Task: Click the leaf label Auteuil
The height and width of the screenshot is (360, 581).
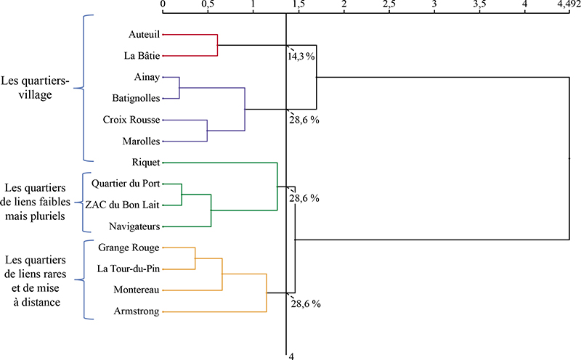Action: click(144, 34)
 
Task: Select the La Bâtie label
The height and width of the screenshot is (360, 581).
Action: click(142, 56)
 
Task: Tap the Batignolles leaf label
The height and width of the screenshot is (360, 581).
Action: click(136, 99)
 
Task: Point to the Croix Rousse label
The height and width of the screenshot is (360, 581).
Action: click(131, 120)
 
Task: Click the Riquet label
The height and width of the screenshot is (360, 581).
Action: click(146, 163)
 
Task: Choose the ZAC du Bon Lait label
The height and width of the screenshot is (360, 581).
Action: click(122, 205)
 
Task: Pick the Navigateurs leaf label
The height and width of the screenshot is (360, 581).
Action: click(134, 226)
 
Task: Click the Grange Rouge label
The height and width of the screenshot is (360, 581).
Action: click(129, 247)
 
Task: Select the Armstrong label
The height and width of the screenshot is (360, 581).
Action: click(137, 311)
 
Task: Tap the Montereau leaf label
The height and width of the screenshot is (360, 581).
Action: click(137, 290)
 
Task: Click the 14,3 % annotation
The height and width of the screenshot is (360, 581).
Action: click(301, 57)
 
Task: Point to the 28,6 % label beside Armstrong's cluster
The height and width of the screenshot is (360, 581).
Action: click(306, 303)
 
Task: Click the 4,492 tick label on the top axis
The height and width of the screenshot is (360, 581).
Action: click(569, 4)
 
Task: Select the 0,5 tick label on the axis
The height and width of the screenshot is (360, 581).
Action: click(208, 4)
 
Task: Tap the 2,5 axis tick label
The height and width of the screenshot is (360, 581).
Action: click(389, 4)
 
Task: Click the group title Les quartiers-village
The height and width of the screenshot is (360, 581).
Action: click(35, 88)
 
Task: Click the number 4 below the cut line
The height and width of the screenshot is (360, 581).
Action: click(292, 356)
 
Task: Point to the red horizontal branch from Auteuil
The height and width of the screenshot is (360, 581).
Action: click(190, 35)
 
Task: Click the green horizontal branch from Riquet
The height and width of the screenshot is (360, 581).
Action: click(220, 163)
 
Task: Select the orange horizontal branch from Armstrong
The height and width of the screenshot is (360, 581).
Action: click(214, 312)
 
